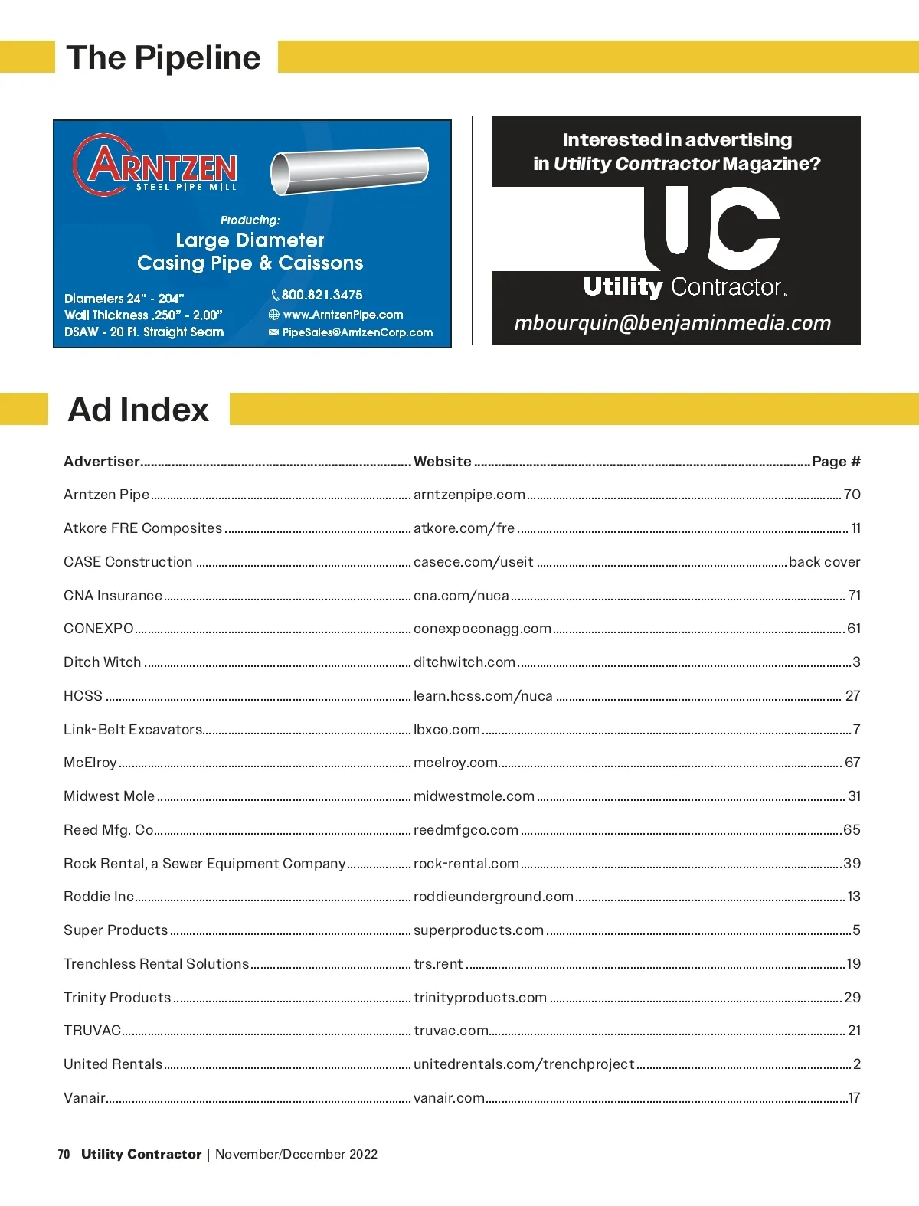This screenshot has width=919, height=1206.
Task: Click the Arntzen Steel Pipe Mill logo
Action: [155, 165]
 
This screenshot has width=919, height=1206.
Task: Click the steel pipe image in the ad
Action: [348, 171]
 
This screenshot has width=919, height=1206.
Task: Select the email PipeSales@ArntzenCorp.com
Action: [357, 332]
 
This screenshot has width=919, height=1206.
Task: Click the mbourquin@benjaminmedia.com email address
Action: [672, 322]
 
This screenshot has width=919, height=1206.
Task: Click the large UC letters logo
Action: [712, 228]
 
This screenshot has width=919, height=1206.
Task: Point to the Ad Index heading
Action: [139, 410]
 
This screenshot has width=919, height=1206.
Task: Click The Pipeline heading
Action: [163, 58]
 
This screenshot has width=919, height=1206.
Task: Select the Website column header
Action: [443, 462]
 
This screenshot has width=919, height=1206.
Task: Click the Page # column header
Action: [836, 462]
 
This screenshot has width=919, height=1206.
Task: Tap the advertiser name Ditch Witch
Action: [103, 662]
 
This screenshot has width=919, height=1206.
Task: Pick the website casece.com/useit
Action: [473, 562]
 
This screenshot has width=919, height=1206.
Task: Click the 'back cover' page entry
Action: [824, 562]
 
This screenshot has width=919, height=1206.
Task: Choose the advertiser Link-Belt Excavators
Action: [132, 730]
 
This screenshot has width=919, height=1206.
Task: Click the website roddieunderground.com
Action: [493, 897]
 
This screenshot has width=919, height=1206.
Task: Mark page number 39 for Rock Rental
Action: [852, 864]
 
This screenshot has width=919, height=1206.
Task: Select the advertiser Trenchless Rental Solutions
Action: [156, 964]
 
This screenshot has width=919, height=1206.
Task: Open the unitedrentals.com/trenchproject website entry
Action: [524, 1064]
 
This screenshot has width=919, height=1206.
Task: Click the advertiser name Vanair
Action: [84, 1098]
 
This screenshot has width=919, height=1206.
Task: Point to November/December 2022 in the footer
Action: [296, 1154]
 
